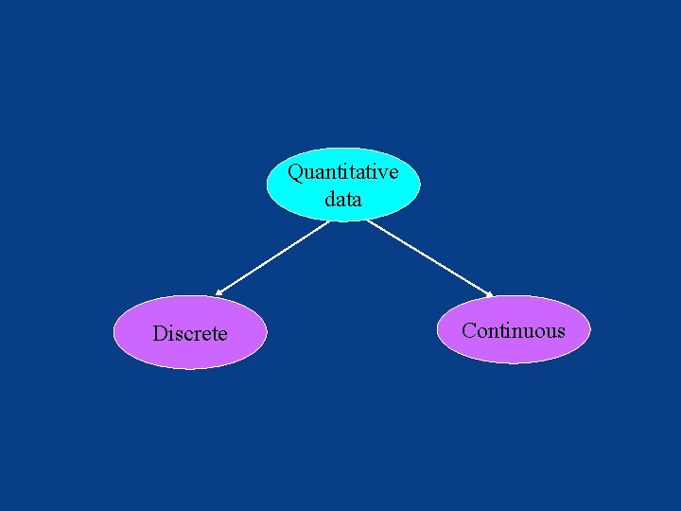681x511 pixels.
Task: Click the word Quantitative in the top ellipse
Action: coord(342,173)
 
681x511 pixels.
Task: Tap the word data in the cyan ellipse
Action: coord(342,200)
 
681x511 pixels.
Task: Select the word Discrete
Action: coord(190,334)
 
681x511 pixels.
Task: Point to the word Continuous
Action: coord(513,330)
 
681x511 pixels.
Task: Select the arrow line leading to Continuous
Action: coord(430,257)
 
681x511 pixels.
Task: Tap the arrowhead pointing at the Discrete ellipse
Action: coord(218,292)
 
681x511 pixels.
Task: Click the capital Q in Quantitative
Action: coord(295,173)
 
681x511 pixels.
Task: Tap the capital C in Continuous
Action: coord(468,330)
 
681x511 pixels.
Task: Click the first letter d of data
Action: coord(329,200)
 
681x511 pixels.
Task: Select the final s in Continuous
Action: coord(560,331)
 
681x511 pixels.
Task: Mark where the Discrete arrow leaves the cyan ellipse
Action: coord(328,221)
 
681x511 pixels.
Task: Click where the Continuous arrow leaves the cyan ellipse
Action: coord(368,220)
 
